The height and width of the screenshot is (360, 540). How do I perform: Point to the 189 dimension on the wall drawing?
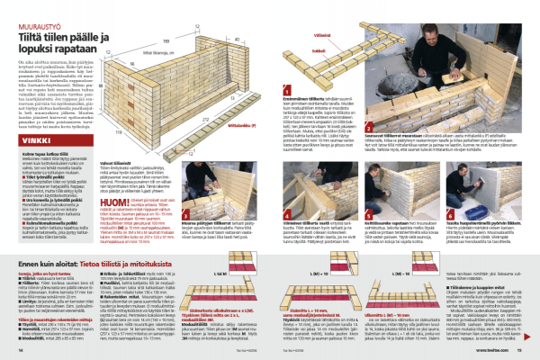pos(167,41)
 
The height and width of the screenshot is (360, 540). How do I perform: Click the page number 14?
pos(20,354)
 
